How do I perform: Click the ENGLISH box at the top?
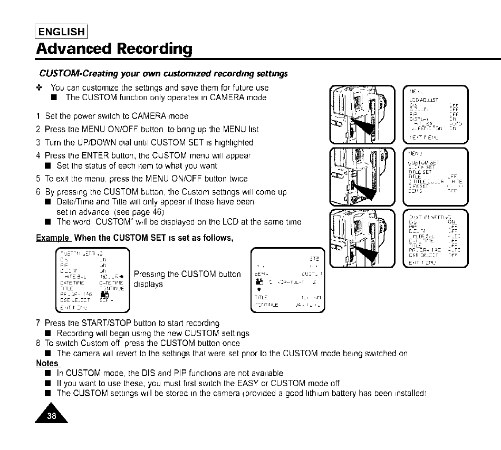click(61, 32)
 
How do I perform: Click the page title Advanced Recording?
click(114, 48)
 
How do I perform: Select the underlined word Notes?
click(47, 364)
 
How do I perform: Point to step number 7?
click(38, 323)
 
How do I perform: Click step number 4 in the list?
click(38, 155)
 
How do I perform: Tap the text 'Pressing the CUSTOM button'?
click(187, 274)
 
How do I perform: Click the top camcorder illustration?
click(361, 116)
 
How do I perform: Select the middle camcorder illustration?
click(361, 177)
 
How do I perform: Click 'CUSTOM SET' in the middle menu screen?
click(424, 163)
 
